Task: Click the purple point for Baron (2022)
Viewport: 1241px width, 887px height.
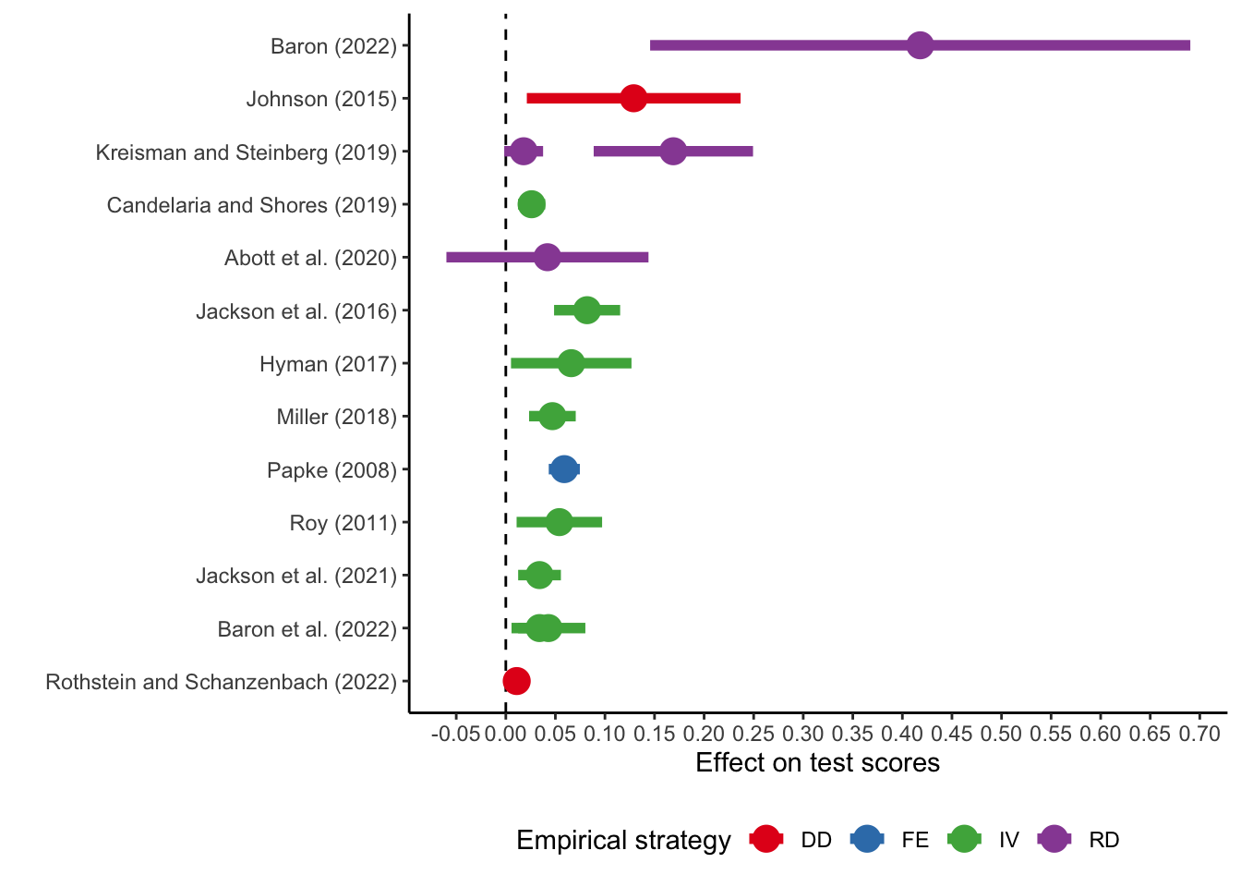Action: (x=920, y=45)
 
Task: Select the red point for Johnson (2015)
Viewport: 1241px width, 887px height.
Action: (x=633, y=98)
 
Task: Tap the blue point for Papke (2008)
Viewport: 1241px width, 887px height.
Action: (x=563, y=469)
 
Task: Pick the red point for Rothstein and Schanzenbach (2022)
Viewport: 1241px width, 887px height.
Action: (x=516, y=681)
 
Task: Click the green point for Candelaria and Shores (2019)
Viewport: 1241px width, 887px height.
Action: (x=531, y=204)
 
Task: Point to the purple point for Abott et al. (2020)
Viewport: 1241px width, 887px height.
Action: (x=547, y=257)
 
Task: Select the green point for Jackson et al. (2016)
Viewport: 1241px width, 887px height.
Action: (x=586, y=310)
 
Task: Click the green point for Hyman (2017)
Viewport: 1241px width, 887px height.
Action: (x=571, y=363)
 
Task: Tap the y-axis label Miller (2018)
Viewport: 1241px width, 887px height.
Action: (x=336, y=417)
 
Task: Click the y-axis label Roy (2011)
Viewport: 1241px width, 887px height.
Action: (x=343, y=523)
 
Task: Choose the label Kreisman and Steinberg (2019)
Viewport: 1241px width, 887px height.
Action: (x=246, y=152)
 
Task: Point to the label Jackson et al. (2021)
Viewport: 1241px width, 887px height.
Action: (x=295, y=576)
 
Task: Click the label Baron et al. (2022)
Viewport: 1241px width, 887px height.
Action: (x=307, y=629)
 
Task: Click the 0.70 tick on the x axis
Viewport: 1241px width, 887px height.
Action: (x=1199, y=734)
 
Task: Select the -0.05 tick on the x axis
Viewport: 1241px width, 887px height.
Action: (x=455, y=734)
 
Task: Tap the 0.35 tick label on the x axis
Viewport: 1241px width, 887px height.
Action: (x=852, y=734)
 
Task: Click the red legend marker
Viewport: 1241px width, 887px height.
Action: (x=765, y=838)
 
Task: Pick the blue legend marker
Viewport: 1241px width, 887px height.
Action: (x=866, y=838)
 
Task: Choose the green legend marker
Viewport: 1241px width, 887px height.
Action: (x=963, y=838)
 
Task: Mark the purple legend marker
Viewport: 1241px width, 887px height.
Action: (x=1054, y=838)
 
